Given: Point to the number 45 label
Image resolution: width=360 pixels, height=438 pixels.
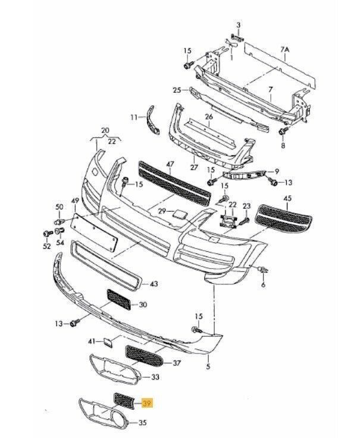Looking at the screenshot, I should [288, 198].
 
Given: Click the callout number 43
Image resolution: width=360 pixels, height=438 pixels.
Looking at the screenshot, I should [154, 284].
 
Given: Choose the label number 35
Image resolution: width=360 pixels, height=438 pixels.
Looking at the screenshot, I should [142, 424].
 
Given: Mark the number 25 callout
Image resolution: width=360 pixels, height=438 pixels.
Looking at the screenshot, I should [176, 90].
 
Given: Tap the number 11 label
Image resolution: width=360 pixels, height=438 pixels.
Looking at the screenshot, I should [134, 117].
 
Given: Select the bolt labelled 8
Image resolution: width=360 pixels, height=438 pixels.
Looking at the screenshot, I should [283, 129].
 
